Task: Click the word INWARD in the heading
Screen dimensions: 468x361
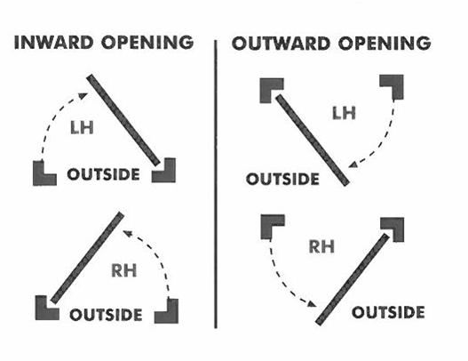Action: pos(53,42)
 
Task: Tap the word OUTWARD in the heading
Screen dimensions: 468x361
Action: pos(281,44)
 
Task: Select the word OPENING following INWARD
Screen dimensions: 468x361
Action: pos(147,42)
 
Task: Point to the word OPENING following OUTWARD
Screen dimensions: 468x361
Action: pos(385,44)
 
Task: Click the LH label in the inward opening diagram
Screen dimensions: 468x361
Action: pos(82,128)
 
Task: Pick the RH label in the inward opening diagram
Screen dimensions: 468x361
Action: pos(123,270)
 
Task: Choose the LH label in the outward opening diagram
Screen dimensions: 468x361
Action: pos(344,113)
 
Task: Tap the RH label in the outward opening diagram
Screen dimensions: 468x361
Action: pos(321,246)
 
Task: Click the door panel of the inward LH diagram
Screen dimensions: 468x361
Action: pos(123,120)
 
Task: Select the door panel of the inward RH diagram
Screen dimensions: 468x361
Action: pos(87,258)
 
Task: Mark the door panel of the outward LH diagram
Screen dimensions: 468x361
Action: pos(313,140)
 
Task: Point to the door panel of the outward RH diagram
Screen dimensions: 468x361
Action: pos(353,279)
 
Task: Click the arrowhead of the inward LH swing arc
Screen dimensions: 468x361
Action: pos(83,96)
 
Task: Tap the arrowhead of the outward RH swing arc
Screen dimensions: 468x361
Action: pos(312,304)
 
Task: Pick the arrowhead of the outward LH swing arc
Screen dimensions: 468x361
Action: pos(353,164)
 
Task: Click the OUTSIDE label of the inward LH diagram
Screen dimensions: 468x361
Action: pos(104,174)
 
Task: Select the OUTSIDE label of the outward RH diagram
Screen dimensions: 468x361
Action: pos(388,312)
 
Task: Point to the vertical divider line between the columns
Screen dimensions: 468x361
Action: pos(216,184)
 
